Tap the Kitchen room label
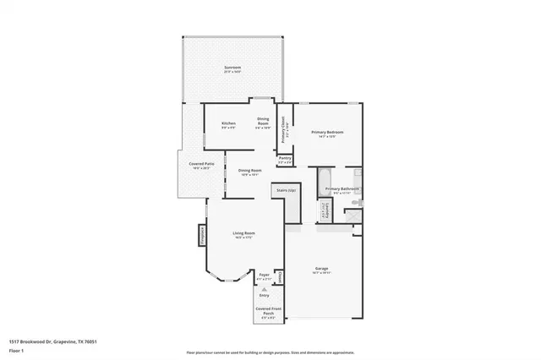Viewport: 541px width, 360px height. click(x=228, y=125)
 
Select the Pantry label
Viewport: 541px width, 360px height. click(x=285, y=159)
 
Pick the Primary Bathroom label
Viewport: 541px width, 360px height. click(x=342, y=189)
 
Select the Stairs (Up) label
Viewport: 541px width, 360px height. click(x=286, y=191)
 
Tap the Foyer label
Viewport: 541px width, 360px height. click(x=265, y=275)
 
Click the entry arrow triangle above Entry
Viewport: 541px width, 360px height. click(x=265, y=289)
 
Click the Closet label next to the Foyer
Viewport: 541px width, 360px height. click(x=280, y=275)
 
